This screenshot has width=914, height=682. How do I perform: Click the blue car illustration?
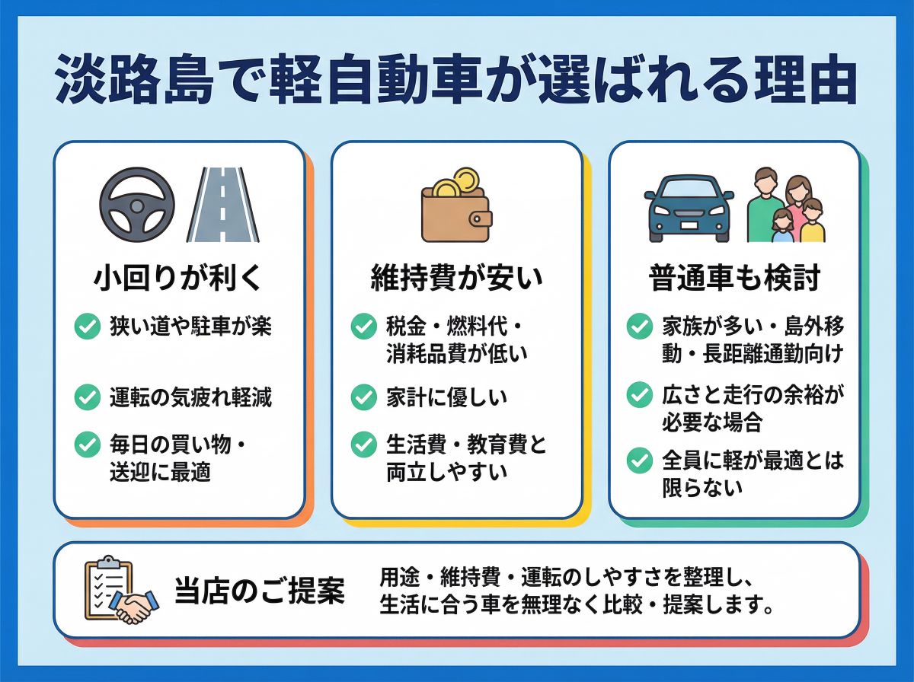pos(689,206)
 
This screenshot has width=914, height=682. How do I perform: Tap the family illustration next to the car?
pos(787,206)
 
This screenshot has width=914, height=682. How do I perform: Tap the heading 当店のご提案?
pos(259,591)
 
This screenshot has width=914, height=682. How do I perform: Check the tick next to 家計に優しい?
pos(364,397)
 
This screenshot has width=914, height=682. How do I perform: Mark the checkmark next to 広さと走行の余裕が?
pos(640,394)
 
